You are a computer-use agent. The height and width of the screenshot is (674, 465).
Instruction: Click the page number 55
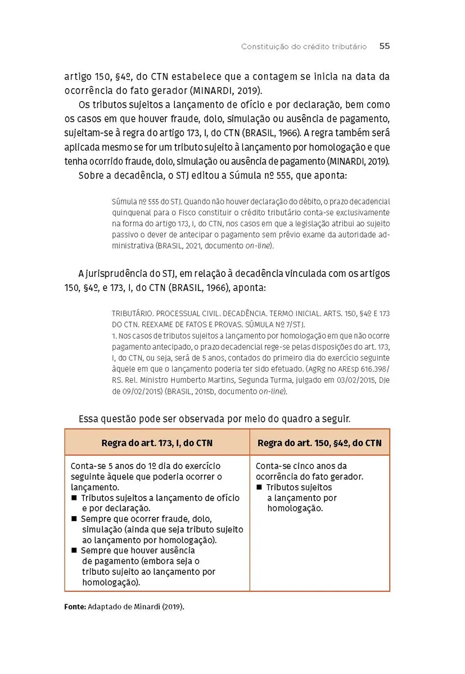(385, 47)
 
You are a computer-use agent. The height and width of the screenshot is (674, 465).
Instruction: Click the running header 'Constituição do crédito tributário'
(304, 47)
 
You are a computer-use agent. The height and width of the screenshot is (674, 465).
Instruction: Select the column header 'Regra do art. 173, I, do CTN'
(157, 443)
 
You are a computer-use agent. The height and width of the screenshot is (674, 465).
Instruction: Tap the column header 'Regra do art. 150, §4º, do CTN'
(319, 443)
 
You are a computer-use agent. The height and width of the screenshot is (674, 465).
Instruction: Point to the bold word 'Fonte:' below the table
(75, 607)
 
